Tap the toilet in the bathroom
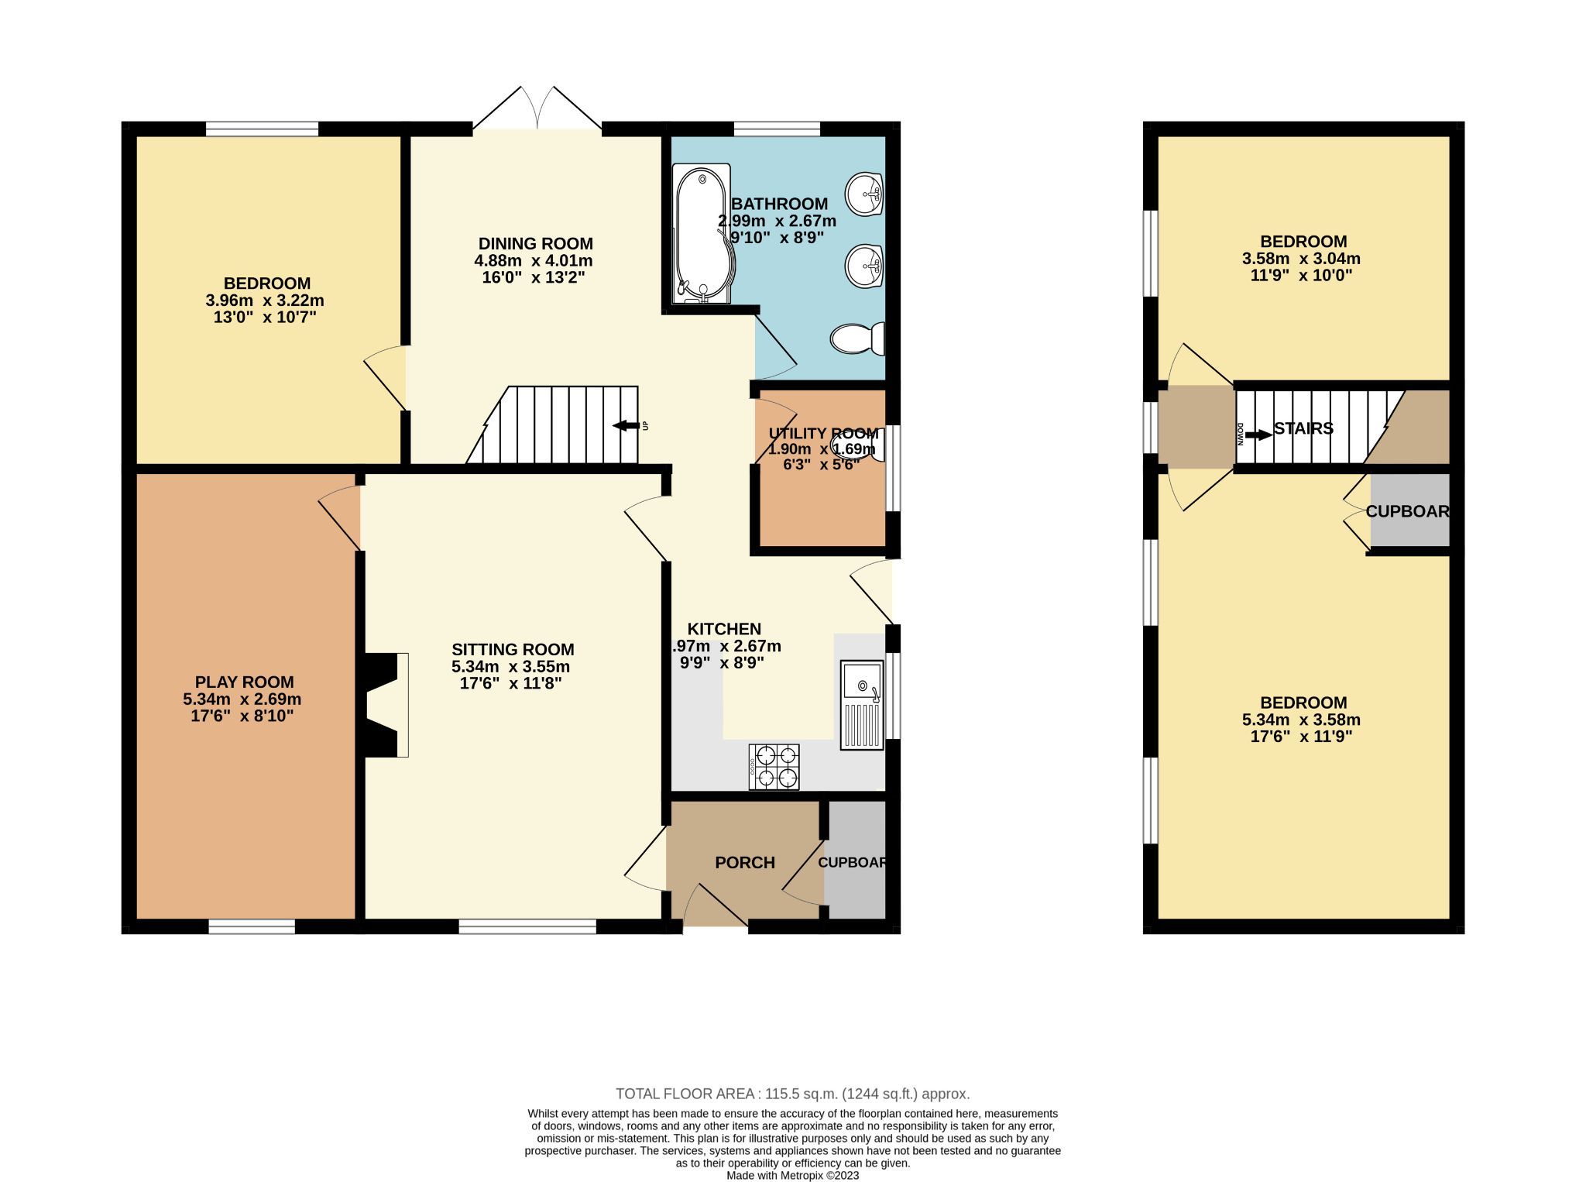coord(858,338)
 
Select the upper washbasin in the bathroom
coord(863,193)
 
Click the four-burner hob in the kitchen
coord(774,766)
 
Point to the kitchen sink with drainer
coord(862,704)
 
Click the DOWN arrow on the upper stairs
coord(1258,435)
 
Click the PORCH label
coord(744,862)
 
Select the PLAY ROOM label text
coord(244,682)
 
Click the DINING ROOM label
coord(535,243)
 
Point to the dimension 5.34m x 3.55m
coord(510,666)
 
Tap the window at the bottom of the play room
coord(252,926)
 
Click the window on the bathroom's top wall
coord(777,129)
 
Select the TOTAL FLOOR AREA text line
coord(792,1094)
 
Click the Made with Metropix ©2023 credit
coord(792,1175)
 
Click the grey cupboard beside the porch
coord(855,860)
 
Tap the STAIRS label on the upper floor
coord(1303,428)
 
